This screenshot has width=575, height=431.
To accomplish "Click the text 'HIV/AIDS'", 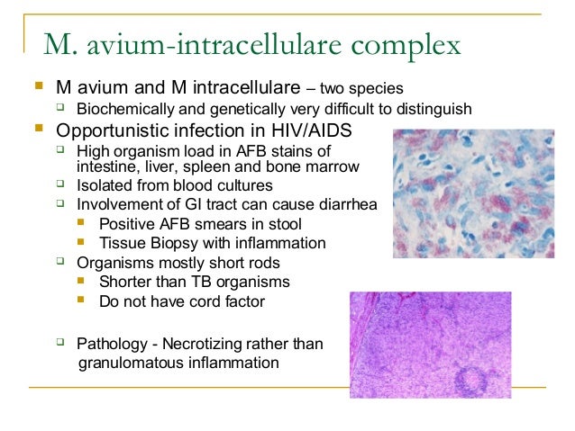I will (313, 130).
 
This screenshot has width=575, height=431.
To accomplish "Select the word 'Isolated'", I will (105, 185).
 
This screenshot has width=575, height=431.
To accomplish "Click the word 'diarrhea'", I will (344, 205).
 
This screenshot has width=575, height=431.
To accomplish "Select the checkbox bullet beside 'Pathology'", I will (60, 343).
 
